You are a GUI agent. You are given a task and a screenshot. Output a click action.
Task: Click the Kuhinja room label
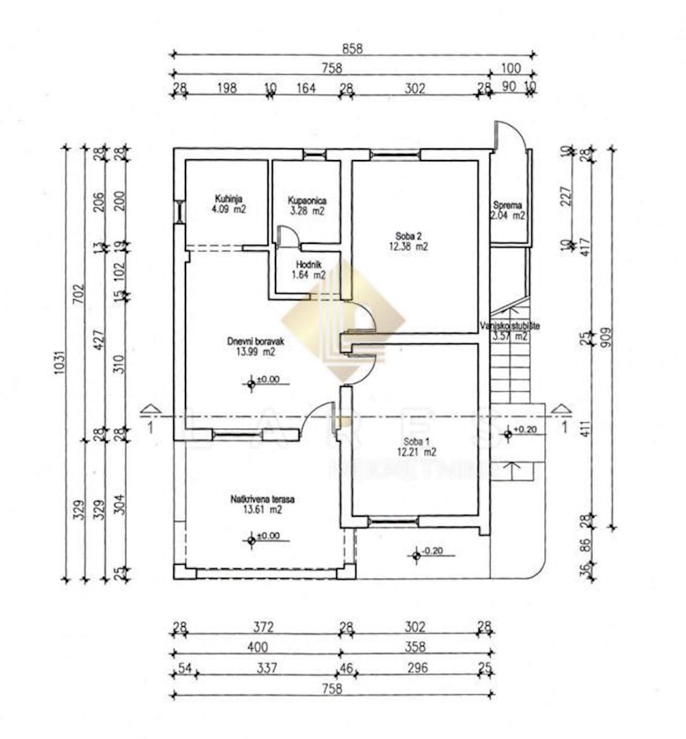[228, 199]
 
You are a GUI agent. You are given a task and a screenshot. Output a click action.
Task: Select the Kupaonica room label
[306, 201]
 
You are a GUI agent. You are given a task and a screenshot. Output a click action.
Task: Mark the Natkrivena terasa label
[258, 499]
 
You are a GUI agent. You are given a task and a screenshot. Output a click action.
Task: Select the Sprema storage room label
[507, 206]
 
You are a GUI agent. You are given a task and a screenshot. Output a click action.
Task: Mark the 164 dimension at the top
[306, 88]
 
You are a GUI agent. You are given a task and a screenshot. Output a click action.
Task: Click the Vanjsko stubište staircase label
[510, 326]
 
